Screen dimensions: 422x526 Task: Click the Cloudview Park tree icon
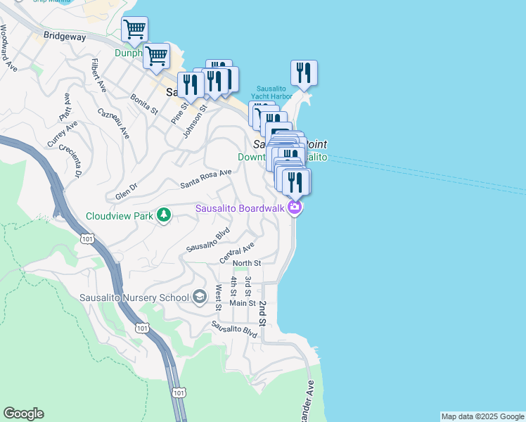point(164,215)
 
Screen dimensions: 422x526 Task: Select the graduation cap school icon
point(200,298)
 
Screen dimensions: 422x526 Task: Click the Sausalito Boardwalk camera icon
point(295,207)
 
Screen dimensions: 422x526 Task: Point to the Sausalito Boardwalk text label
point(239,208)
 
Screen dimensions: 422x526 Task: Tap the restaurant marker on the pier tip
point(304,73)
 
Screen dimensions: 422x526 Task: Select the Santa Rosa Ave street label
point(205,179)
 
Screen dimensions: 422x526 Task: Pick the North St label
point(247,263)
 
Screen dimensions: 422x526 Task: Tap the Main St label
point(242,303)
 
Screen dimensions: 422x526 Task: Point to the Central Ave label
point(236,252)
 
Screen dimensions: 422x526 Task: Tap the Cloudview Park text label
point(119,216)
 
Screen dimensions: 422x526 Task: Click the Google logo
point(23,414)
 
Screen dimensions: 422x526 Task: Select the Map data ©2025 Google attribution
point(482,416)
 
